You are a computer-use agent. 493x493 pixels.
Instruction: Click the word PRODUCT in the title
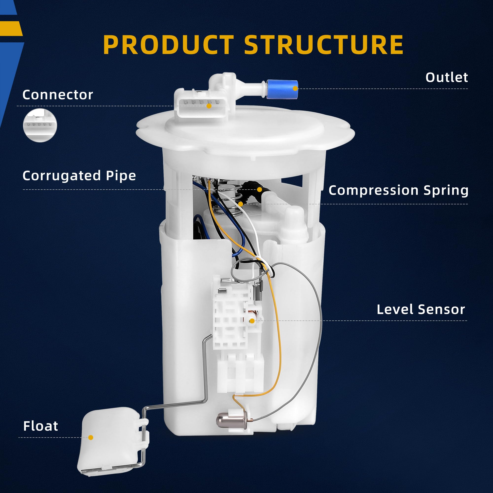[168, 45]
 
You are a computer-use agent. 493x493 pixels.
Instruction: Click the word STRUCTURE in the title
[324, 45]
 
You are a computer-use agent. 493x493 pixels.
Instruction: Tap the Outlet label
[446, 77]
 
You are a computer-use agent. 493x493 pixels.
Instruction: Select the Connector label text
[58, 95]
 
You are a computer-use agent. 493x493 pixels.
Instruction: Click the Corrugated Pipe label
[79, 176]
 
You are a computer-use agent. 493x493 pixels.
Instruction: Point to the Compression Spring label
[398, 190]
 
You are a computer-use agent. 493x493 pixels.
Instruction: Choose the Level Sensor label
[421, 310]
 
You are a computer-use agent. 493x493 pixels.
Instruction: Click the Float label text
[41, 426]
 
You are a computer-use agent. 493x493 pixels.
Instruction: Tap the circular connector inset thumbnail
[40, 125]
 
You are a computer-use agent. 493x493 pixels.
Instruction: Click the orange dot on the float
[90, 437]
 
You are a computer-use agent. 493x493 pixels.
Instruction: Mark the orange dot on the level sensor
[252, 321]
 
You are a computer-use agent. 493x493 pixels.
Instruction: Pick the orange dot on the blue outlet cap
[295, 88]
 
